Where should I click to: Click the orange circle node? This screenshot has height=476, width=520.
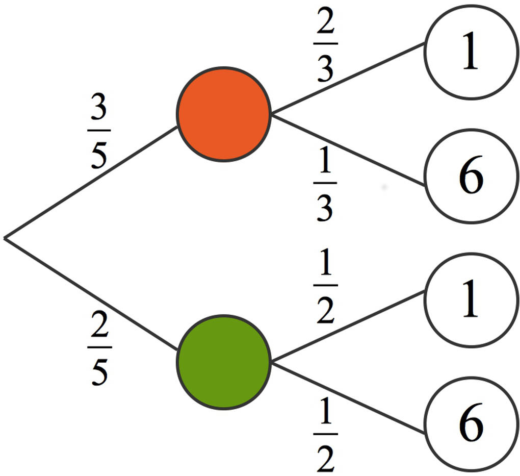pos(223,114)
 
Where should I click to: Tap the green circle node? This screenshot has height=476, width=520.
pos(223,362)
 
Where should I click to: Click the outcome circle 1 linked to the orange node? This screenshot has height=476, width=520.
pos(471,52)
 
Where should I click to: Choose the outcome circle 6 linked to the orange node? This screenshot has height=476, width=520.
pos(471,176)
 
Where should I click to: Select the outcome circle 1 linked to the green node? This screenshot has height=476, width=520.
pos(471,300)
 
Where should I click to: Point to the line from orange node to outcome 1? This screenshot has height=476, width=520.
pos(348,78)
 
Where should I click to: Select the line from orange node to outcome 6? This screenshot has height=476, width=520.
pos(348,149)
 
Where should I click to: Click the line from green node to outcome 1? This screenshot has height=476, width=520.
pos(348,327)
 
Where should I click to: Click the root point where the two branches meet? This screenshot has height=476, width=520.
pos(5,237)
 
